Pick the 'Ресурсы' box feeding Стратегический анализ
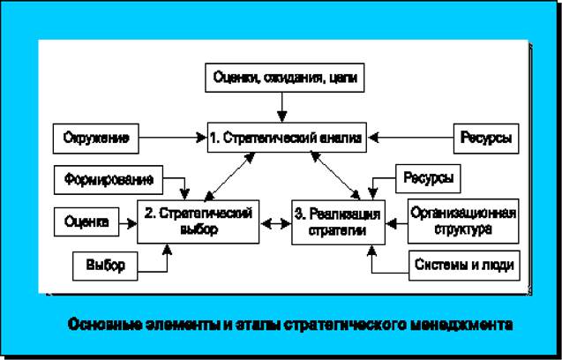485,138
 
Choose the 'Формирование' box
109,179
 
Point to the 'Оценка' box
86,222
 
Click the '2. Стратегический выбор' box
198,221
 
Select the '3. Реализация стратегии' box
339,221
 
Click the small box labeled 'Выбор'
105,264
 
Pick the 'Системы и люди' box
462,264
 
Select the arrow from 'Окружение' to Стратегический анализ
172,138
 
